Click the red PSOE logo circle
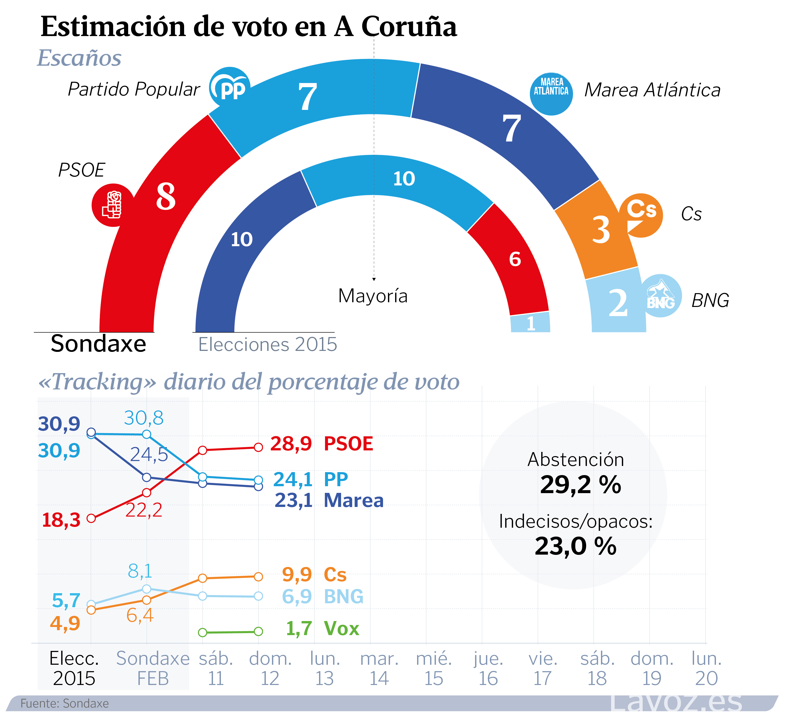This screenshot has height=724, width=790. (113, 205)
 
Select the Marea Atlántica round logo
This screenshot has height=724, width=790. (551, 94)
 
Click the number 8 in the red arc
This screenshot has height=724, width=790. (166, 196)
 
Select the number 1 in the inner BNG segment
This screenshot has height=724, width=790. (531, 324)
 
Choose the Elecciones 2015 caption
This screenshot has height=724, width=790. (268, 344)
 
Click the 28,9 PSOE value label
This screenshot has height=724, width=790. (291, 444)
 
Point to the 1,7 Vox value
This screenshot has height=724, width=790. (299, 629)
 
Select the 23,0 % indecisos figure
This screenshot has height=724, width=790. (575, 546)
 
